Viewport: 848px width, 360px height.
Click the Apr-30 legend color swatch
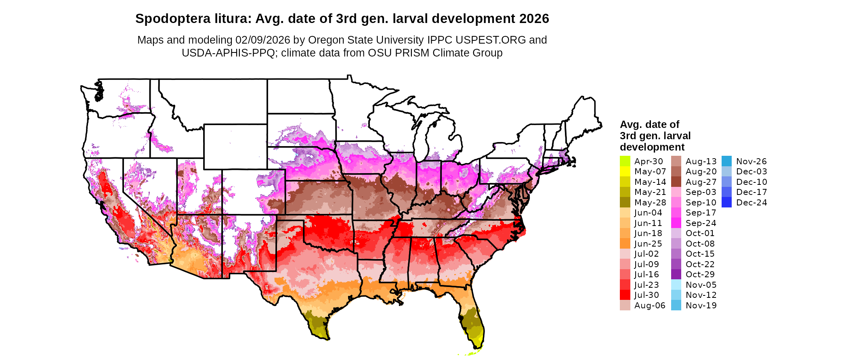pyautogui.click(x=625, y=161)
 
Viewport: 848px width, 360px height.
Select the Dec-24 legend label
pyautogui.click(x=751, y=203)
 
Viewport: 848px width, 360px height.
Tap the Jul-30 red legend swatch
pyautogui.click(x=625, y=295)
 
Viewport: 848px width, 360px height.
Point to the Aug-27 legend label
pyautogui.click(x=701, y=182)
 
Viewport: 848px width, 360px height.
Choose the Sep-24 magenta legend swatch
pyautogui.click(x=676, y=223)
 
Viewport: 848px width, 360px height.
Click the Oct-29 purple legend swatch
pyautogui.click(x=676, y=274)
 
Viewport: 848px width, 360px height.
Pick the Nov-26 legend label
pyautogui.click(x=751, y=161)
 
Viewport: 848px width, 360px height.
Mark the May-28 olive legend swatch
pyautogui.click(x=625, y=203)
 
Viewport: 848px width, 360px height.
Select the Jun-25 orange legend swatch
pyautogui.click(x=625, y=244)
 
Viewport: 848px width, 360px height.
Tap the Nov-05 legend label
pyautogui.click(x=701, y=285)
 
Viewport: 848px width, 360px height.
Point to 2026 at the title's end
pyautogui.click(x=534, y=19)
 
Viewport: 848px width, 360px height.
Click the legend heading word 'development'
pyautogui.click(x=652, y=147)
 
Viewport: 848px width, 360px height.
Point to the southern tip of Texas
pyautogui.click(x=325, y=338)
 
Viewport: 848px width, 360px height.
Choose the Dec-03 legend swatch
pyautogui.click(x=726, y=172)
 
